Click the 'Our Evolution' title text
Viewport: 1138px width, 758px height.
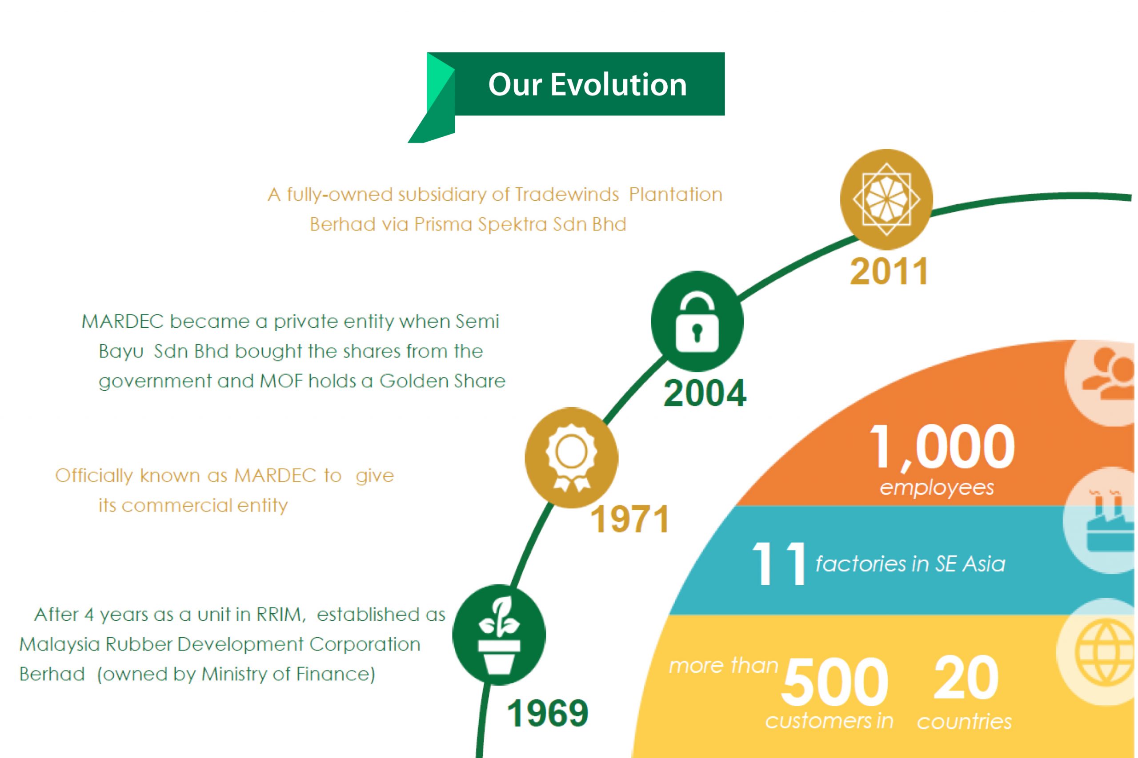click(x=587, y=85)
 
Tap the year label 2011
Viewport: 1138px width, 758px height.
click(x=890, y=272)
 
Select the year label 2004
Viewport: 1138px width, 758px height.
click(x=705, y=393)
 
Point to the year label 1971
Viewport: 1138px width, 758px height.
click(x=630, y=519)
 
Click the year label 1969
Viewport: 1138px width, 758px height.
click(x=548, y=714)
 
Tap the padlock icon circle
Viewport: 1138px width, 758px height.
click(x=697, y=322)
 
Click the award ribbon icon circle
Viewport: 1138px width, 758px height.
click(x=571, y=457)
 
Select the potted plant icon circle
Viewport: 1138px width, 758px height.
click(x=499, y=634)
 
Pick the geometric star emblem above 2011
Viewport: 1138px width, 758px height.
click(x=886, y=199)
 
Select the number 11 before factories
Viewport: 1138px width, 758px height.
click(x=778, y=564)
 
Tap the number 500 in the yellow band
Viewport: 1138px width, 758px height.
click(x=835, y=682)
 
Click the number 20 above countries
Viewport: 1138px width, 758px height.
click(x=966, y=678)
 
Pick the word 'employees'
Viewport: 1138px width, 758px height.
click(x=937, y=487)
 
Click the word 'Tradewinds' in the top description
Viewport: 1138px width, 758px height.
click(x=567, y=194)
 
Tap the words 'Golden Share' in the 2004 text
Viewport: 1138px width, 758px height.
click(x=442, y=381)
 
